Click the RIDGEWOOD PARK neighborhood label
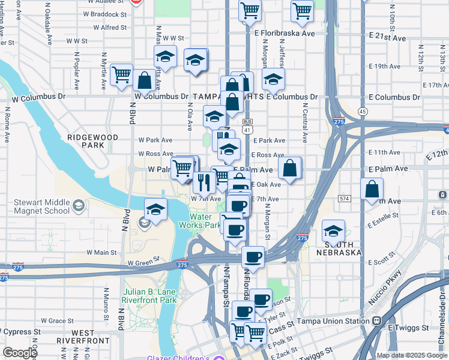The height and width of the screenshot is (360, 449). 92,141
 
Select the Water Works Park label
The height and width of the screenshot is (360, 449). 205,221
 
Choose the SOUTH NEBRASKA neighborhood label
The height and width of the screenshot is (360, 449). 343,248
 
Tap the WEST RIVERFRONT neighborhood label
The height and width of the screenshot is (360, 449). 83,337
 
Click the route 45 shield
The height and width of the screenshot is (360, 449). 362,112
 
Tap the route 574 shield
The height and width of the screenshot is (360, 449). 344,198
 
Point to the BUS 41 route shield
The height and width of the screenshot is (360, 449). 247,125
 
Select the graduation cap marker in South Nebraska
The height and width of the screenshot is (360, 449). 333,230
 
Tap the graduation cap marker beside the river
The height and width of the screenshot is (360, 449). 155,209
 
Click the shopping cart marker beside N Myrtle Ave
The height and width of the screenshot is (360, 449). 121,74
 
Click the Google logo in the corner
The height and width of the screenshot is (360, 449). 20,353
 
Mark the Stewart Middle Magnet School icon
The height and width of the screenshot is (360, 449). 78,206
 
